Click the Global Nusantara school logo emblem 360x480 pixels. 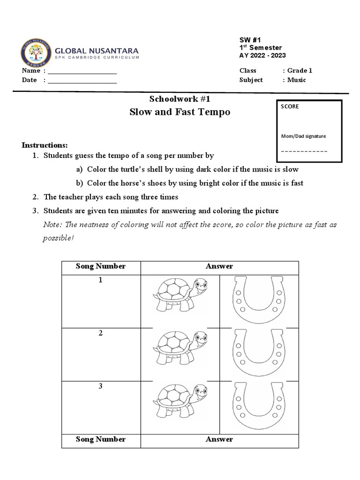pyautogui.click(x=36, y=52)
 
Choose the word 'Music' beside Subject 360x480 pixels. pyautogui.click(x=297, y=80)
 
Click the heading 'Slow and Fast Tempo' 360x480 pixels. pyautogui.click(x=180, y=112)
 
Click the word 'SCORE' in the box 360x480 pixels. pyautogui.click(x=290, y=106)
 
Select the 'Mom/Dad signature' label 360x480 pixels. pyautogui.click(x=303, y=136)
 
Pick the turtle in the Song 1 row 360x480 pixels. pyautogui.click(x=180, y=294)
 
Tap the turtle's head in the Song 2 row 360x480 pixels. pyautogui.click(x=200, y=338)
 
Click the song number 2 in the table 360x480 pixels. pyautogui.click(x=100, y=333)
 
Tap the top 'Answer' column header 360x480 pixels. pyautogui.click(x=219, y=266)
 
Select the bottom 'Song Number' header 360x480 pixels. pyautogui.click(x=100, y=439)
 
